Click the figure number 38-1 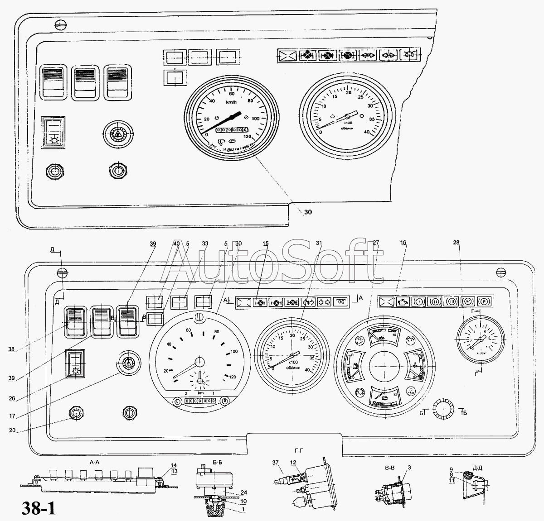tap(38, 508)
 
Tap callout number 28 tap(456, 243)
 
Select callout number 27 tap(376, 243)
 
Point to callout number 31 tap(319, 243)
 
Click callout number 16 tap(403, 243)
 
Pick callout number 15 tap(265, 243)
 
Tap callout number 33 tap(205, 244)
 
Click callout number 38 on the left tap(11, 349)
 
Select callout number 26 tap(11, 399)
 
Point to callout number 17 tap(11, 416)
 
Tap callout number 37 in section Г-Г tap(275, 462)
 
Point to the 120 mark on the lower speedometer tap(233, 377)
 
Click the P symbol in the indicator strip tap(484, 301)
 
